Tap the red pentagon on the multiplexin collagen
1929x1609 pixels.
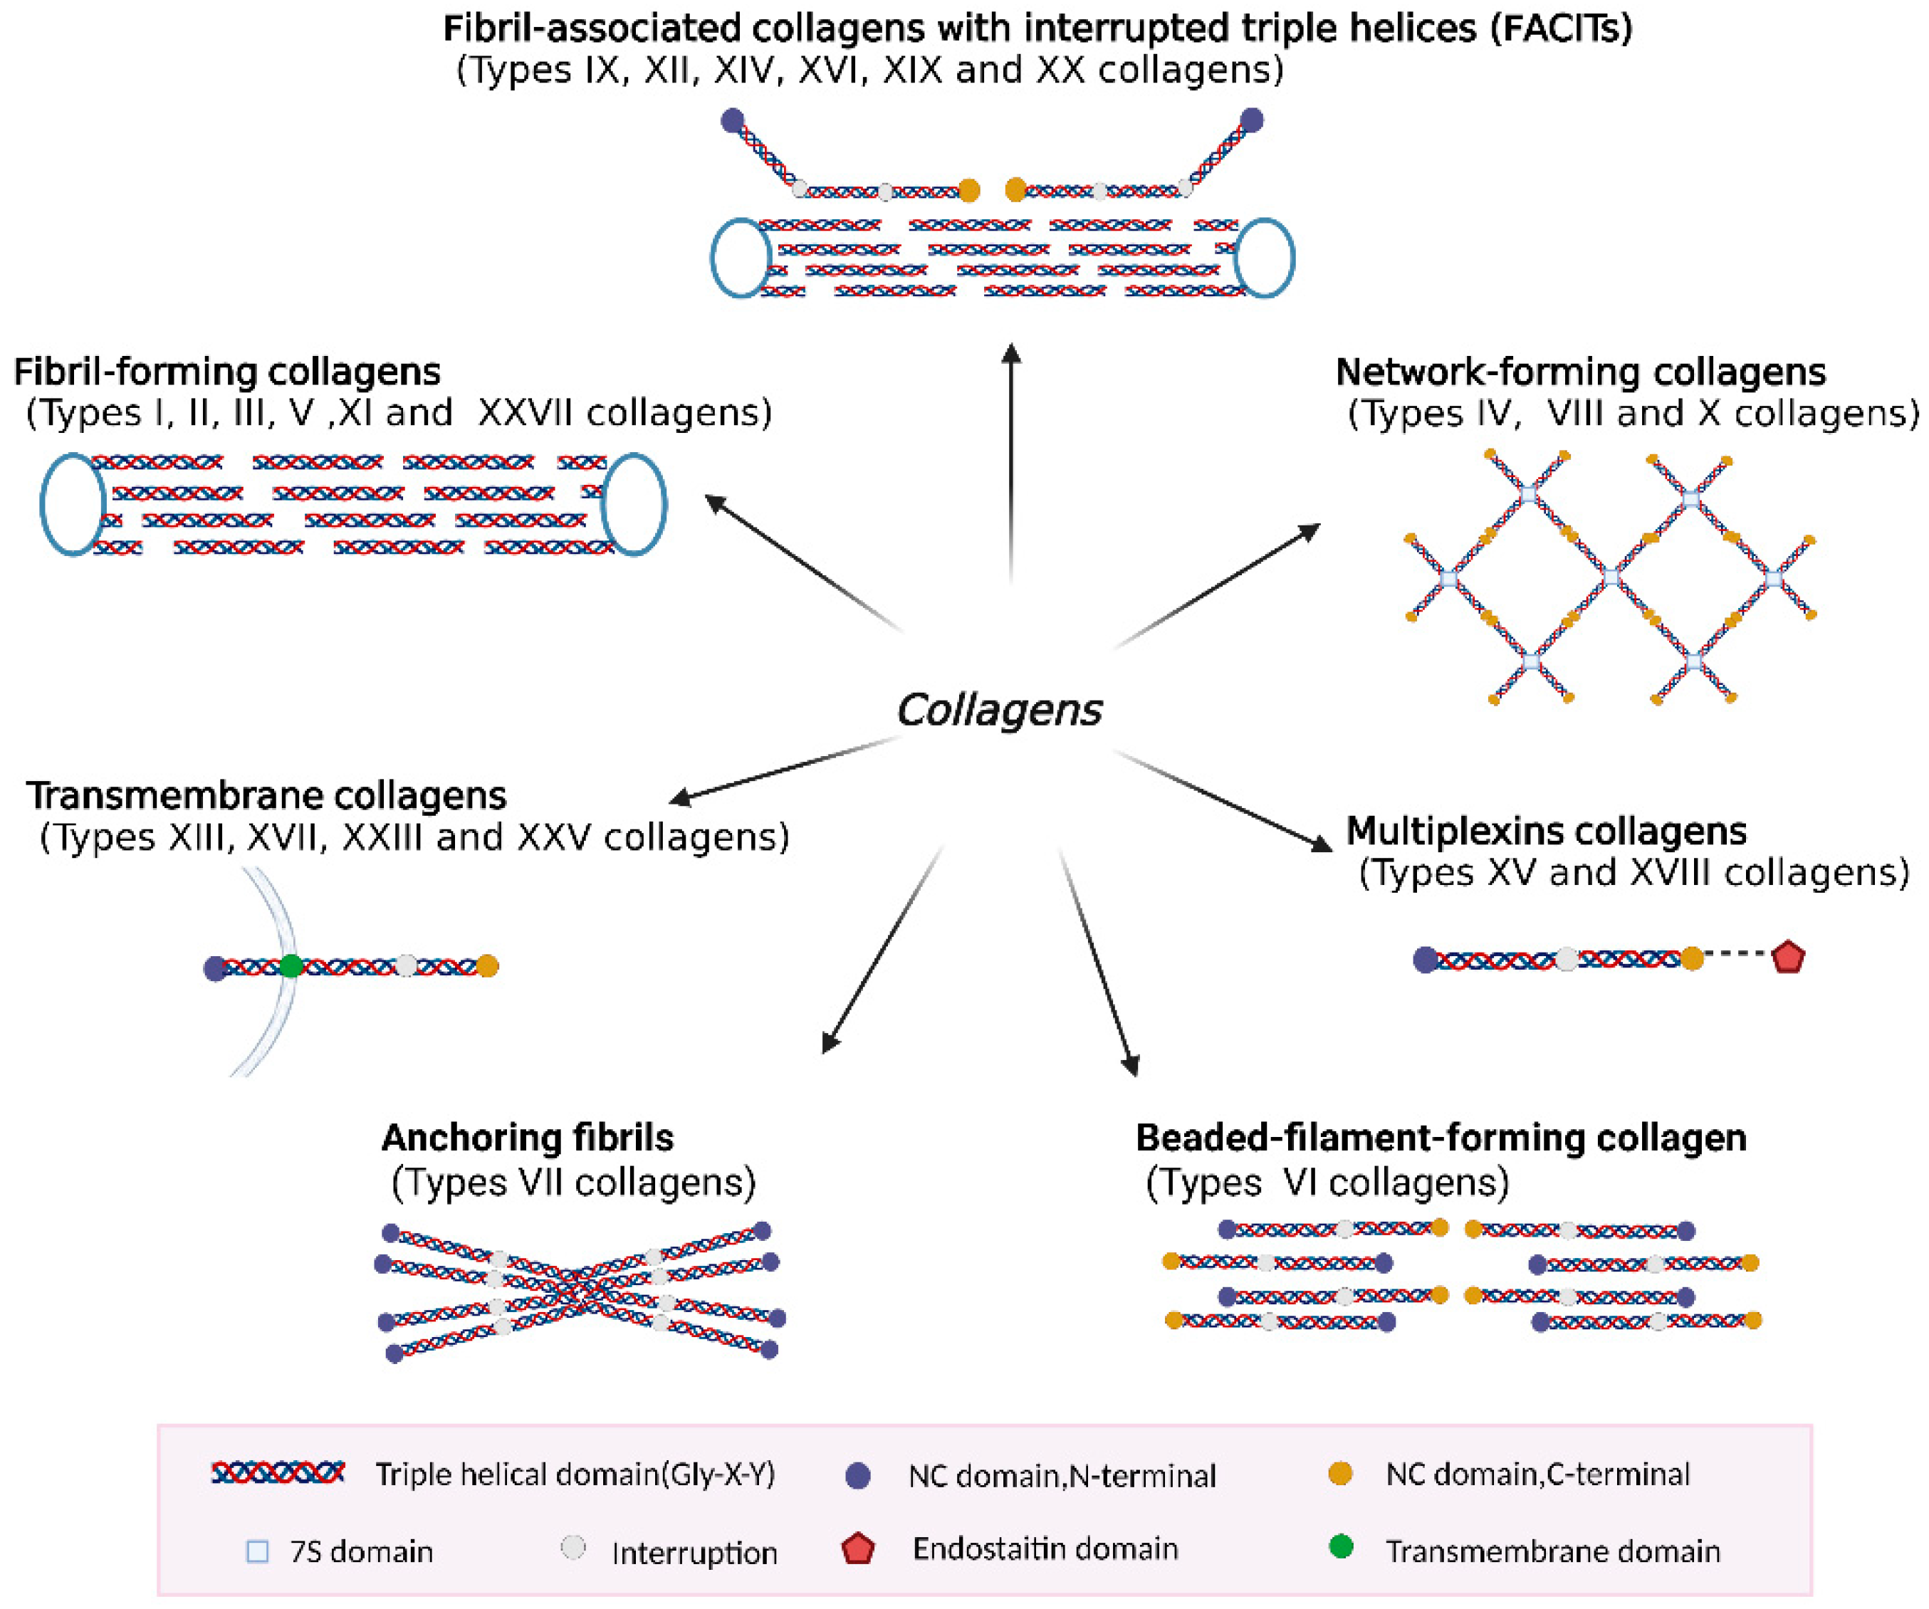pyautogui.click(x=1787, y=957)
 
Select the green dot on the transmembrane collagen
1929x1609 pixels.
pyautogui.click(x=291, y=966)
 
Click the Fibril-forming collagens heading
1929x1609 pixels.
pyautogui.click(x=227, y=372)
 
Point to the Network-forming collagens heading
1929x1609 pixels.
pyautogui.click(x=1581, y=372)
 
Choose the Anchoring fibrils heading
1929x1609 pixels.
pyautogui.click(x=527, y=1138)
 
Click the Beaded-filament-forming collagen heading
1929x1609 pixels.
pyautogui.click(x=1441, y=1138)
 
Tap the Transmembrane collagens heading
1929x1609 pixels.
pyautogui.click(x=266, y=795)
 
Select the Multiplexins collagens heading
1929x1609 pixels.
pyautogui.click(x=1546, y=831)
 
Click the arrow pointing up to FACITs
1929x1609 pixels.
pyautogui.click(x=1011, y=463)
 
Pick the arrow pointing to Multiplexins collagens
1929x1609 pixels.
pyautogui.click(x=1222, y=801)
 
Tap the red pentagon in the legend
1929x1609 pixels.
pyautogui.click(x=858, y=1548)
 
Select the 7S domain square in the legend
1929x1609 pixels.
pyautogui.click(x=258, y=1552)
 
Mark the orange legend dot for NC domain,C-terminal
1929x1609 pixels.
pyautogui.click(x=1341, y=1474)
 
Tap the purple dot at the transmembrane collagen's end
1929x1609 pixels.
pyautogui.click(x=216, y=968)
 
